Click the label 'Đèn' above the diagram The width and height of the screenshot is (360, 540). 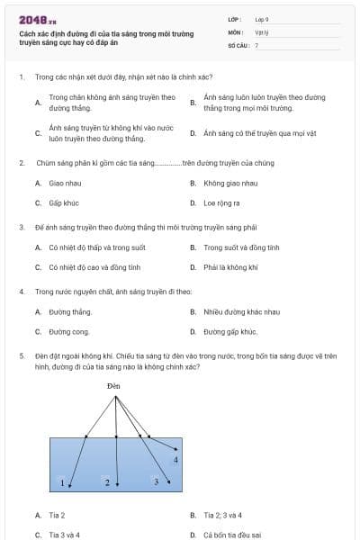112,386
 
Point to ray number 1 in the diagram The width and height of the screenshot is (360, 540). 62,483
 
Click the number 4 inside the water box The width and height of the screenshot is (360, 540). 175,460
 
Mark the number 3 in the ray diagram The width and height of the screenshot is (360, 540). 157,482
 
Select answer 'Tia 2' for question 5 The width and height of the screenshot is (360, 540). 57,516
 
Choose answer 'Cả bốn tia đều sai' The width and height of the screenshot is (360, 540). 232,535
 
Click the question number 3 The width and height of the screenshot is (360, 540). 21,228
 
